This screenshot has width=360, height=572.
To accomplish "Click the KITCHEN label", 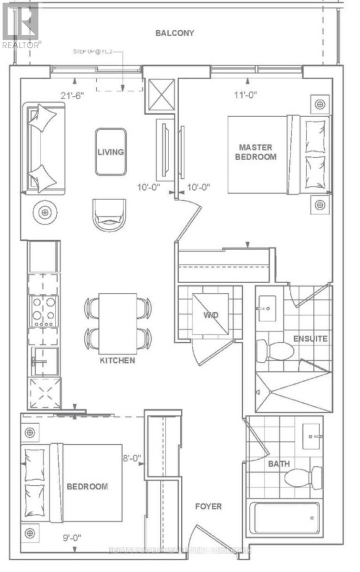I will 117,360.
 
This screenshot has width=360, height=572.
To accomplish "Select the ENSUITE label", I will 310,339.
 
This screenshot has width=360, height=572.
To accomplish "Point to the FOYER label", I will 208,506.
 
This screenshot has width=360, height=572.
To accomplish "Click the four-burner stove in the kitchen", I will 44,311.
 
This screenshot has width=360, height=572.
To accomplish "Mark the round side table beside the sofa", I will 45,211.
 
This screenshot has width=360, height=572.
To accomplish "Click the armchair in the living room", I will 110,214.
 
